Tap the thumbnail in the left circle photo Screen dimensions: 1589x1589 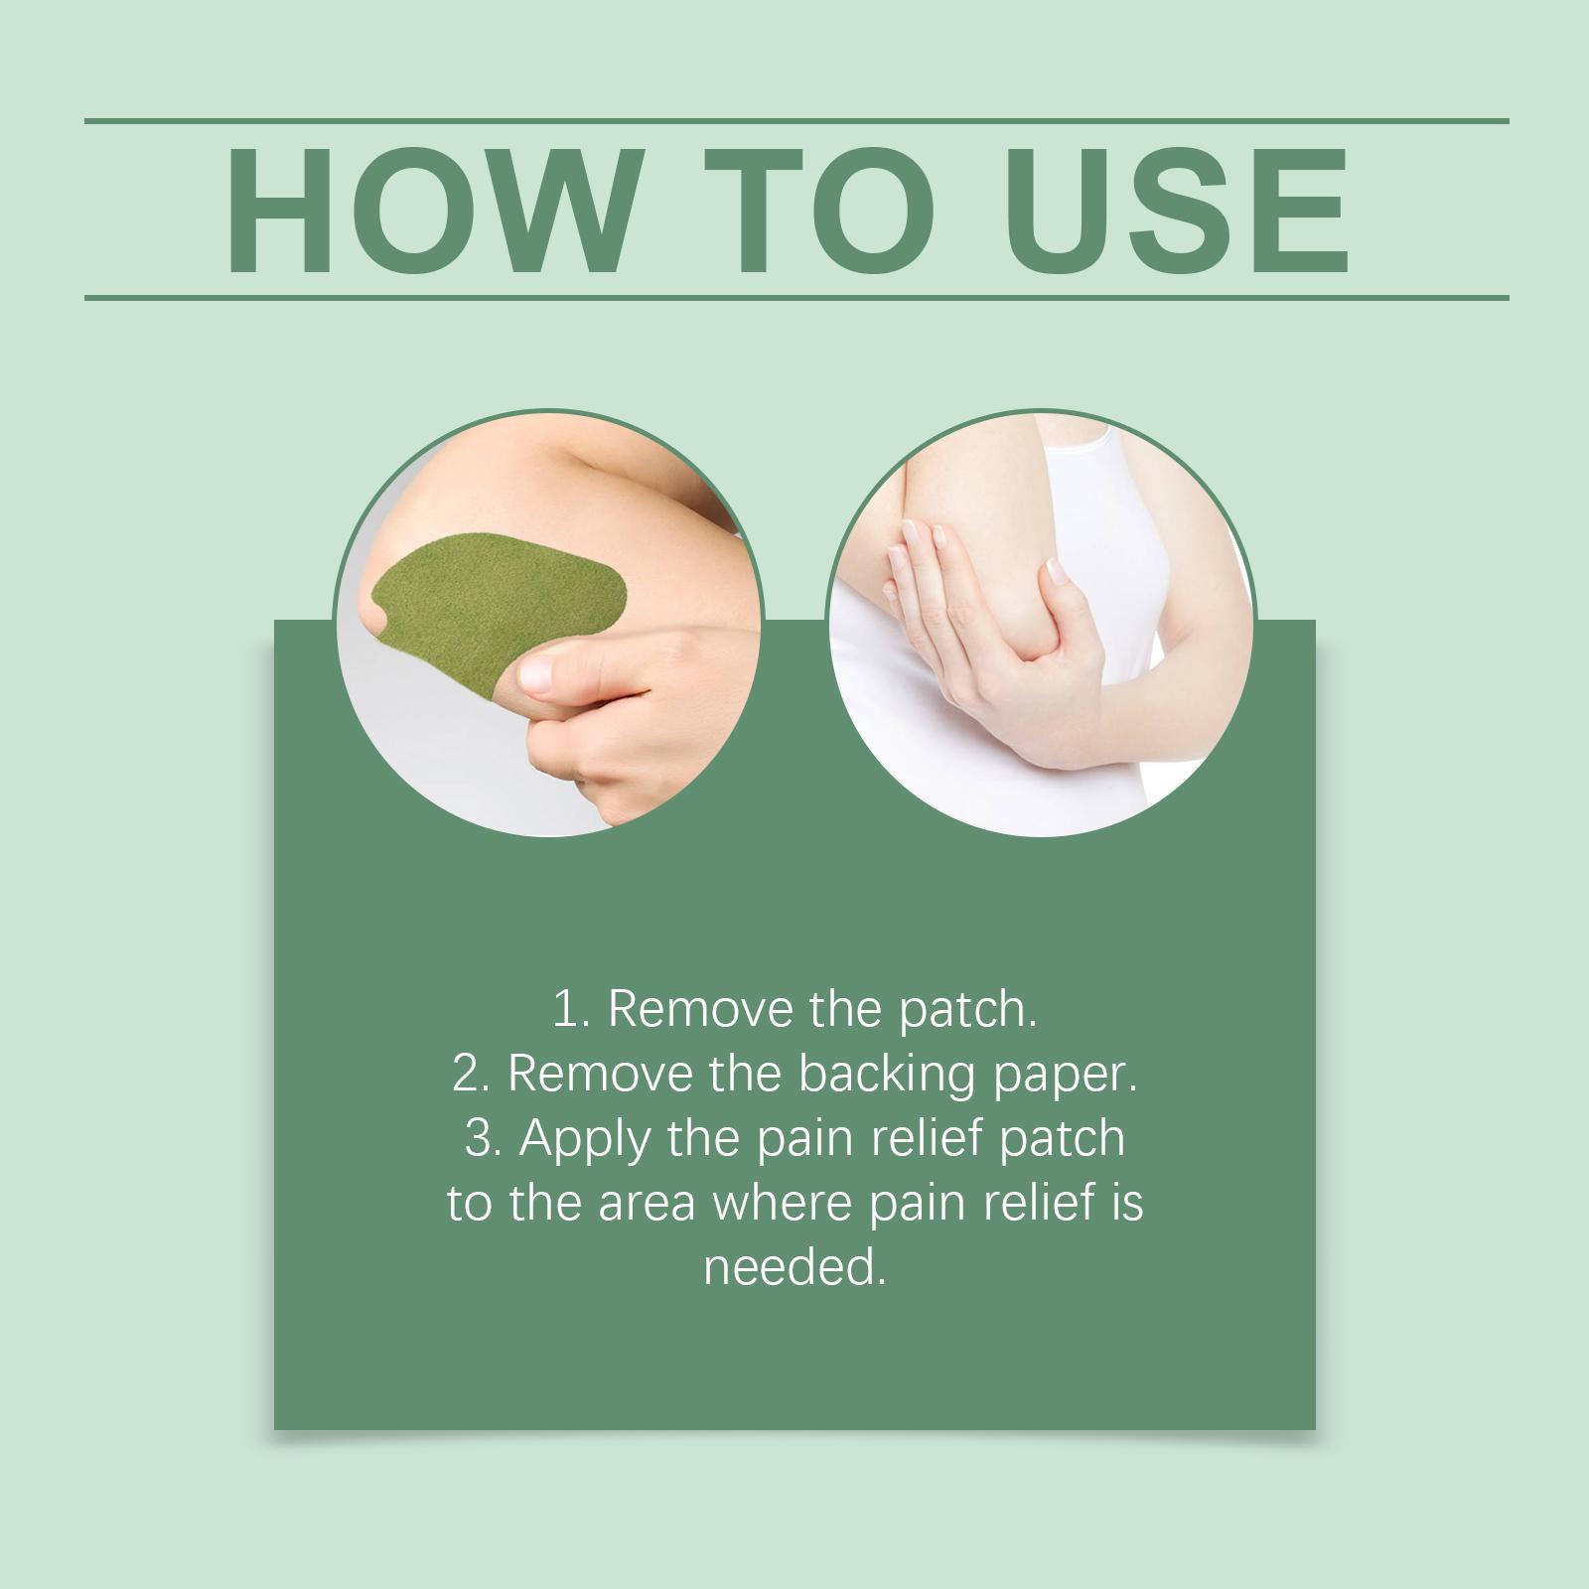pos(541,672)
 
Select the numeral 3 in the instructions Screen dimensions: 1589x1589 pos(479,1138)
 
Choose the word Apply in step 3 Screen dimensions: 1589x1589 pos(586,1142)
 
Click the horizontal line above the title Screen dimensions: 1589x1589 pos(796,121)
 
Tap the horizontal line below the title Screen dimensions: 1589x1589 pos(796,297)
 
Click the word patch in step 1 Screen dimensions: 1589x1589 pos(968,1012)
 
